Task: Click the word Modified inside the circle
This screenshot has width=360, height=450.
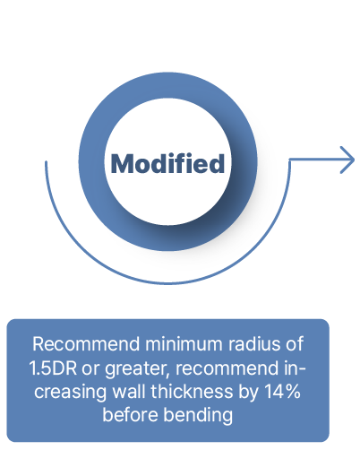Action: [x=167, y=163]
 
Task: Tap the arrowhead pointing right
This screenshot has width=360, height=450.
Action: [x=347, y=160]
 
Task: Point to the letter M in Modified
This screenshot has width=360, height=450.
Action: [x=122, y=163]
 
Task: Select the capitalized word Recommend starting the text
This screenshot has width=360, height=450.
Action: [x=86, y=344]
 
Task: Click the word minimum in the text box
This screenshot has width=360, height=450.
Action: [x=184, y=344]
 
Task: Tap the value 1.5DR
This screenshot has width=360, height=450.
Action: [x=53, y=368]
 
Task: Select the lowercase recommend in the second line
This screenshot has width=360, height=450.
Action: [x=227, y=368]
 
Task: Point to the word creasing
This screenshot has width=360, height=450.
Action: [x=70, y=393]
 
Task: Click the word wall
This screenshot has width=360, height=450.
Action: [x=129, y=391]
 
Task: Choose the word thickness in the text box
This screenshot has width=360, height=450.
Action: [x=192, y=391]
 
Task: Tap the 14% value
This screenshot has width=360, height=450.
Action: [x=282, y=392]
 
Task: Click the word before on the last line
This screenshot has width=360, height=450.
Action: [x=130, y=415]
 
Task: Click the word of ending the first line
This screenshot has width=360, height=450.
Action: [x=295, y=344]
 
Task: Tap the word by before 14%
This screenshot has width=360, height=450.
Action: [x=248, y=393]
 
